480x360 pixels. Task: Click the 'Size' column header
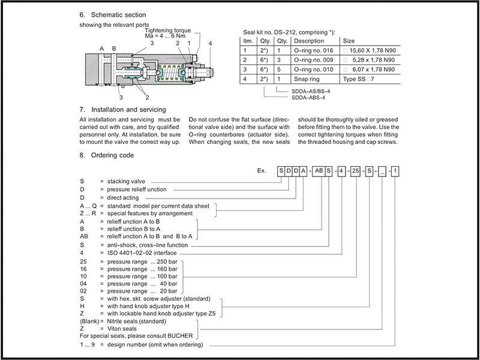click(349, 41)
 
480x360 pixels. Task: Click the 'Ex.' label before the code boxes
click(261, 171)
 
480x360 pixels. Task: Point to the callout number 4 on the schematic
click(210, 44)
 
